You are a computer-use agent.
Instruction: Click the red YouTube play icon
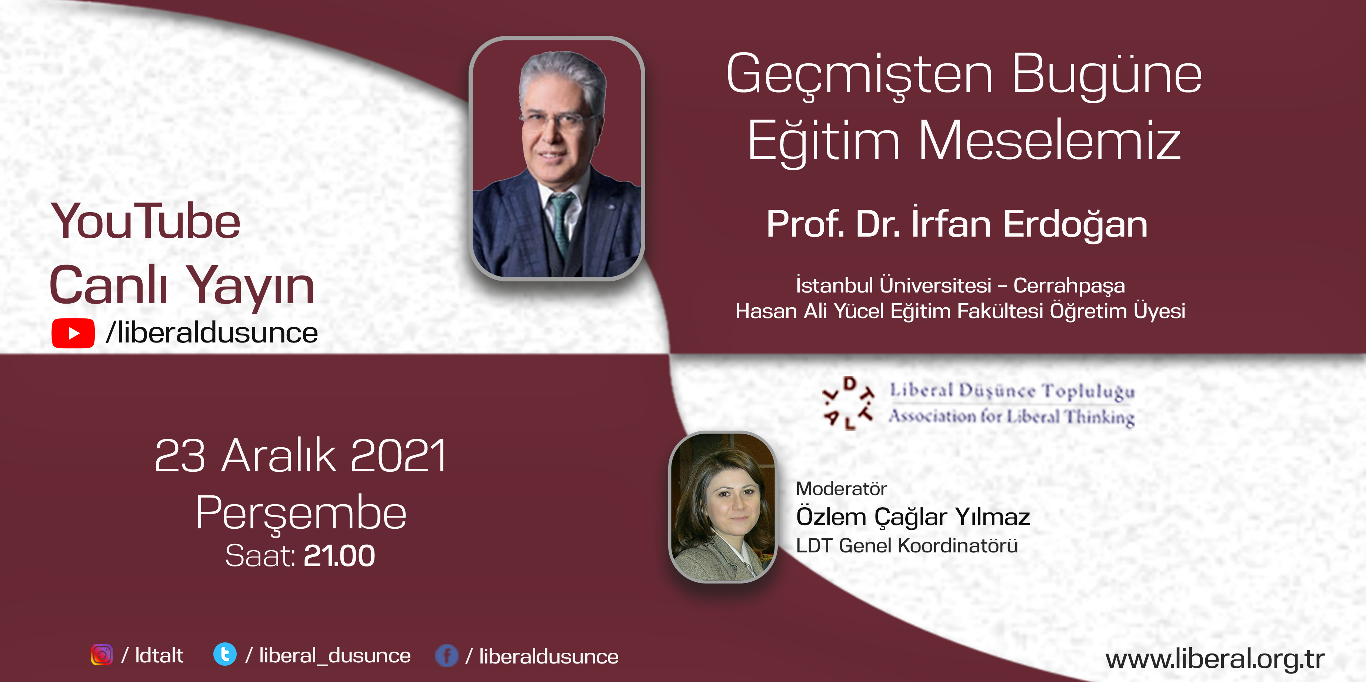pyautogui.click(x=73, y=333)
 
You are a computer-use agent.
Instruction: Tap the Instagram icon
pyautogui.click(x=102, y=655)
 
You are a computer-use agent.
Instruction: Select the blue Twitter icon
pyautogui.click(x=225, y=655)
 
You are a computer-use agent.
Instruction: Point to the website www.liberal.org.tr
pyautogui.click(x=1215, y=658)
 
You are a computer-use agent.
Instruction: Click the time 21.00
pyautogui.click(x=339, y=556)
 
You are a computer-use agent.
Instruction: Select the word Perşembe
pyautogui.click(x=301, y=513)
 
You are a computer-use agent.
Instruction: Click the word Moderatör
pyautogui.click(x=841, y=488)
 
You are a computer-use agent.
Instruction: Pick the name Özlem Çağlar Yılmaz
pyautogui.click(x=913, y=516)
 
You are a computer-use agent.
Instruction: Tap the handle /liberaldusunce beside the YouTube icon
pyautogui.click(x=211, y=333)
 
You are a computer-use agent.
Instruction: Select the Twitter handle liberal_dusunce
pyautogui.click(x=334, y=656)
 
